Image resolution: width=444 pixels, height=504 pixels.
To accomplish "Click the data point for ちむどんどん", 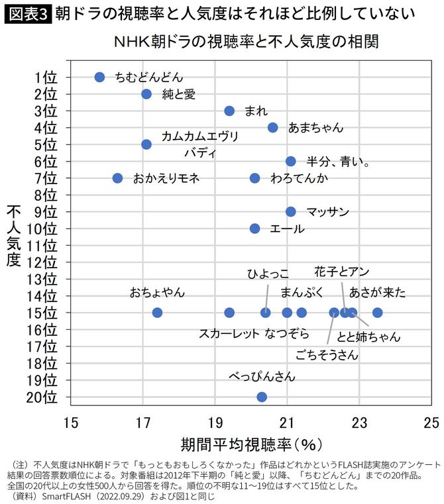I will tap(100, 77).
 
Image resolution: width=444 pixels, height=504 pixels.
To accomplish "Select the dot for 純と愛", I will tap(146, 94).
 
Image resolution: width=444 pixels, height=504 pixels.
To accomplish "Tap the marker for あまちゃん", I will tap(272, 127).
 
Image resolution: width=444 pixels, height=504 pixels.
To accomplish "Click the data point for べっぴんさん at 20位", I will tap(262, 397).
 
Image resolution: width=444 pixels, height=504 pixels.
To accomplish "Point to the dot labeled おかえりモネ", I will tap(118, 178).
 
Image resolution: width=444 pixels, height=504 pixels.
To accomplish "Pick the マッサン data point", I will tap(291, 212).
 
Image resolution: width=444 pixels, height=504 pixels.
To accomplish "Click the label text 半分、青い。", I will tap(337, 161).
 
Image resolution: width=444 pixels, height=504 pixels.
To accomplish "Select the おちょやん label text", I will tap(157, 292).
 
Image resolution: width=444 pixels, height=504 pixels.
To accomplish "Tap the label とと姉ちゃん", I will tap(368, 336).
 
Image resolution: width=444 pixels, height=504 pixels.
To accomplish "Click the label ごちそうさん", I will tap(327, 355).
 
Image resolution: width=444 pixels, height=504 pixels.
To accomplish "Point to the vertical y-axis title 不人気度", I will tap(15, 236).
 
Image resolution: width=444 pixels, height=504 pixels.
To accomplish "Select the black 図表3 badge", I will tap(27, 13).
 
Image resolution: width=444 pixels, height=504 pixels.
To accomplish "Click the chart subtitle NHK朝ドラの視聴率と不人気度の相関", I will tap(247, 42).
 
